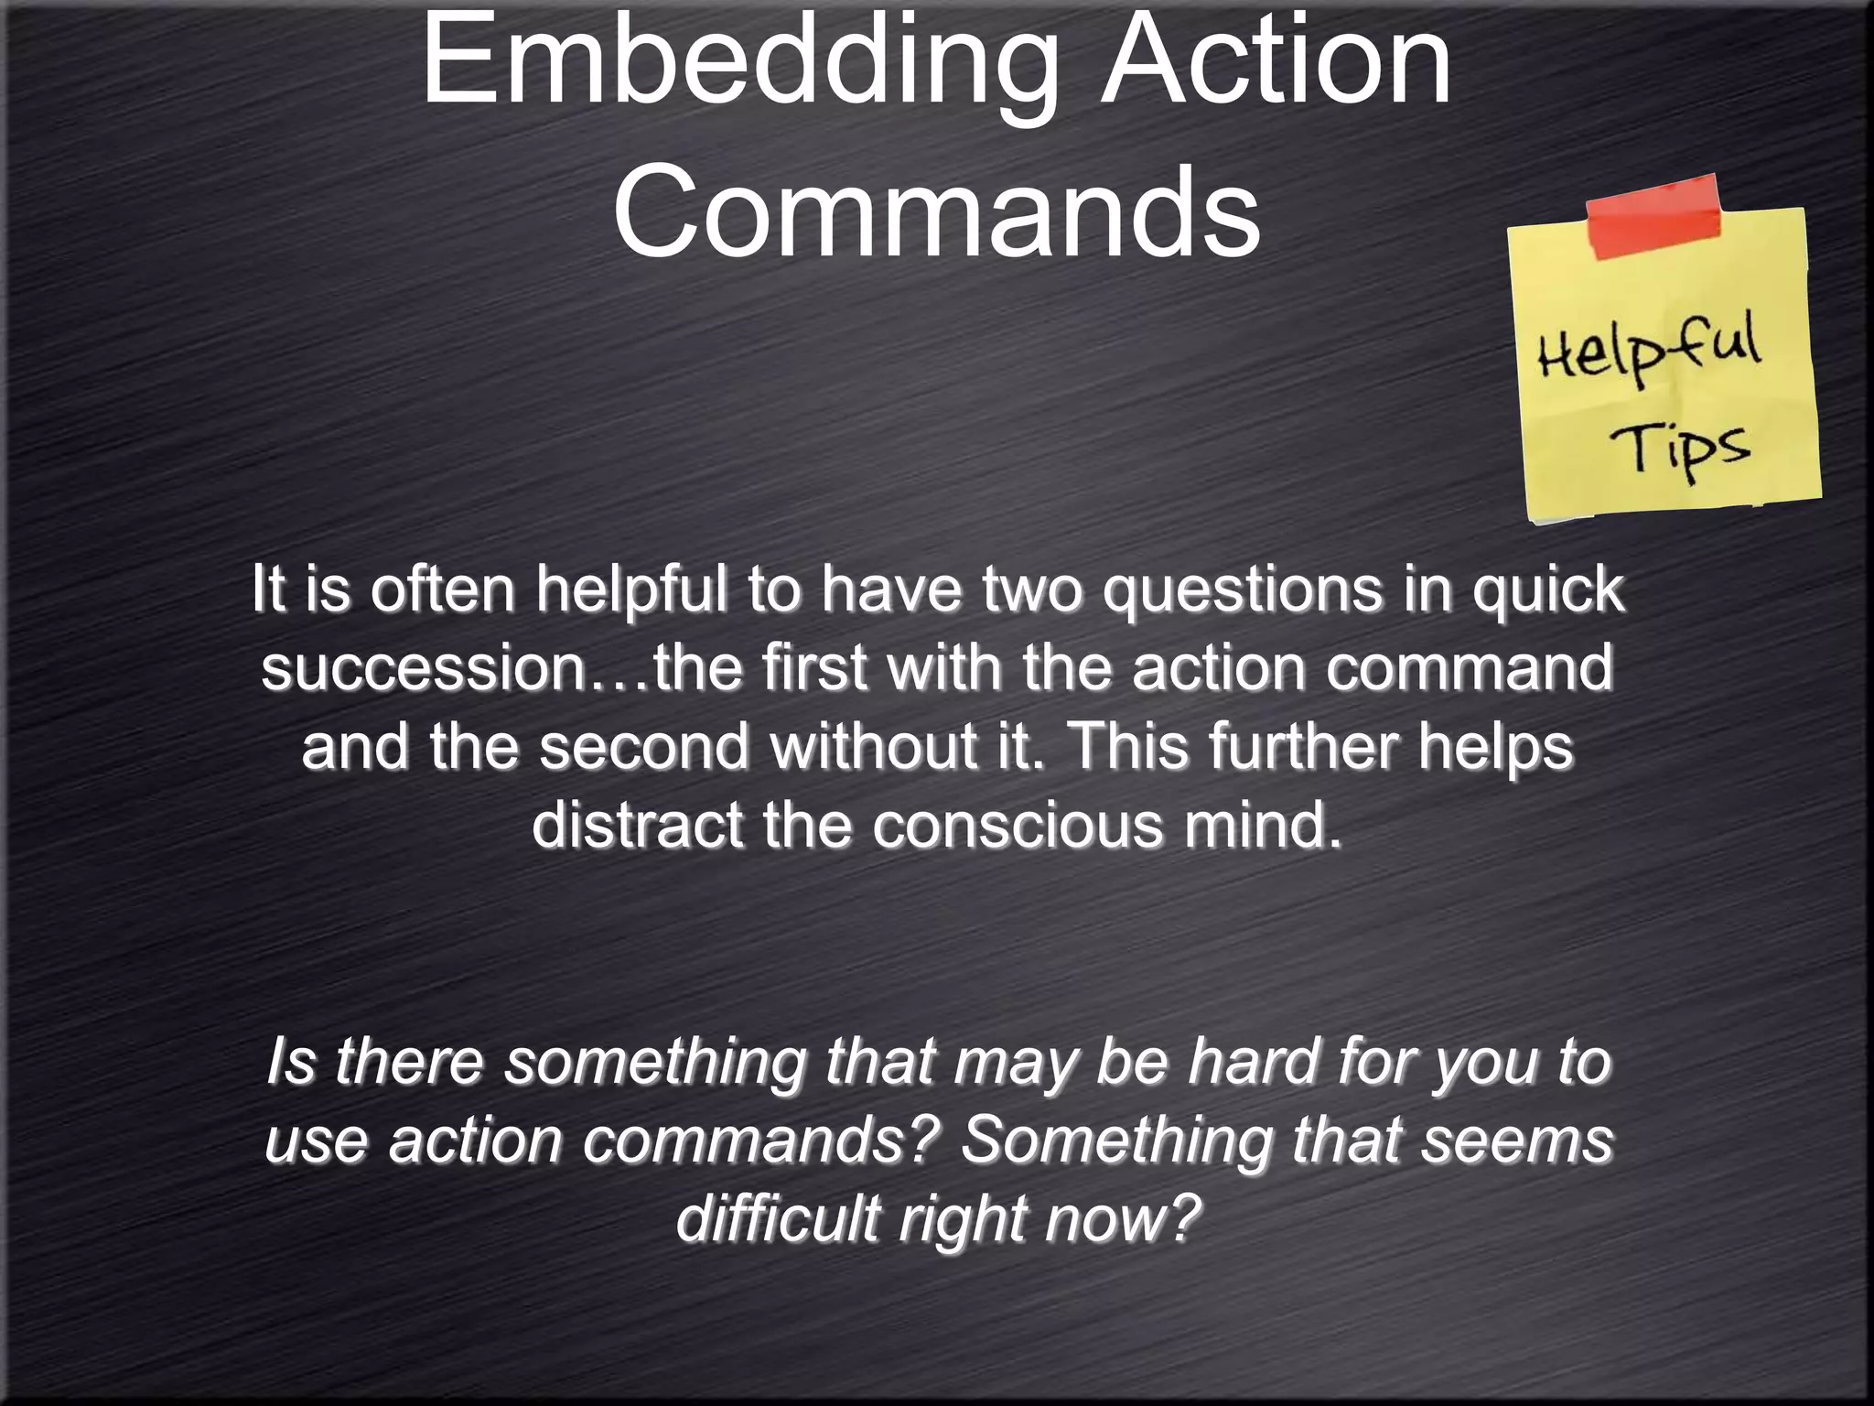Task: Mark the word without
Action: pyautogui.click(x=874, y=746)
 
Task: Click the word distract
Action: pyautogui.click(x=637, y=825)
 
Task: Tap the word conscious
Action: pyautogui.click(x=1017, y=825)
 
